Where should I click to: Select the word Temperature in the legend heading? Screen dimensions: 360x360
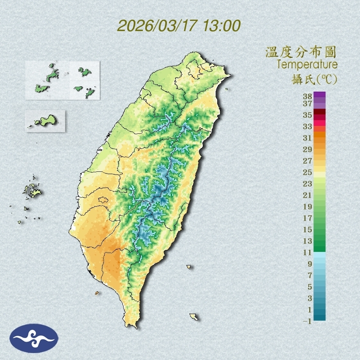coord(307,65)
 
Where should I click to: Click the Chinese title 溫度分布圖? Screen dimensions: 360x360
coord(301,52)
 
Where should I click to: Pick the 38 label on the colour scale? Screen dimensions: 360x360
coord(308,97)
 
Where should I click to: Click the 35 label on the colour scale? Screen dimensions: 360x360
coord(308,115)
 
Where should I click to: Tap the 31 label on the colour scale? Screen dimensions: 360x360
coord(308,137)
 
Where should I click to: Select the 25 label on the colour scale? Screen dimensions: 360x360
coord(308,172)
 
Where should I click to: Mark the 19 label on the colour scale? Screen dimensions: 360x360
coord(308,207)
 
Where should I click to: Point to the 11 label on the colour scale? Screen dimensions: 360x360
coord(308,252)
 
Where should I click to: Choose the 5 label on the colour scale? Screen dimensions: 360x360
coord(310,287)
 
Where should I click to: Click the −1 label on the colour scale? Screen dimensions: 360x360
coord(307,321)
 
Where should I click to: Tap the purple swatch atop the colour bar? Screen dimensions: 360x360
coord(319,94)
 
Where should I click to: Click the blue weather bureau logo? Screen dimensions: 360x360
coord(34,338)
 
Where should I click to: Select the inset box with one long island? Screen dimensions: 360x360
coord(45,121)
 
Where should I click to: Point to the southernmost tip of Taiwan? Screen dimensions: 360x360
coord(132,326)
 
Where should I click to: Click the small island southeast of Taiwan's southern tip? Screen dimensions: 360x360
coord(194,317)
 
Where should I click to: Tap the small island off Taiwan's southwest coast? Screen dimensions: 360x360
coord(97,293)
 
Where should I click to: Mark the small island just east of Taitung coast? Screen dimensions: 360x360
coord(189,267)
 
